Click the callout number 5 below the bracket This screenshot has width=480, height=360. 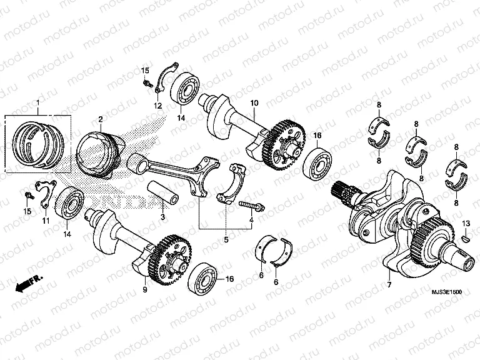pyautogui.click(x=227, y=238)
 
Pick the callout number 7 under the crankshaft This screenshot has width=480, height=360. pyautogui.click(x=388, y=284)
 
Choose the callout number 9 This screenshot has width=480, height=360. pyautogui.click(x=144, y=289)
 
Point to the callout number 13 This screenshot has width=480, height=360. pyautogui.click(x=466, y=223)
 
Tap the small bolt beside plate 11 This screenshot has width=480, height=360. pyautogui.click(x=26, y=196)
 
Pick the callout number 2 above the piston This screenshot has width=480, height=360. pyautogui.click(x=100, y=119)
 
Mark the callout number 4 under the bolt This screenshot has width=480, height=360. pyautogui.click(x=252, y=220)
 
